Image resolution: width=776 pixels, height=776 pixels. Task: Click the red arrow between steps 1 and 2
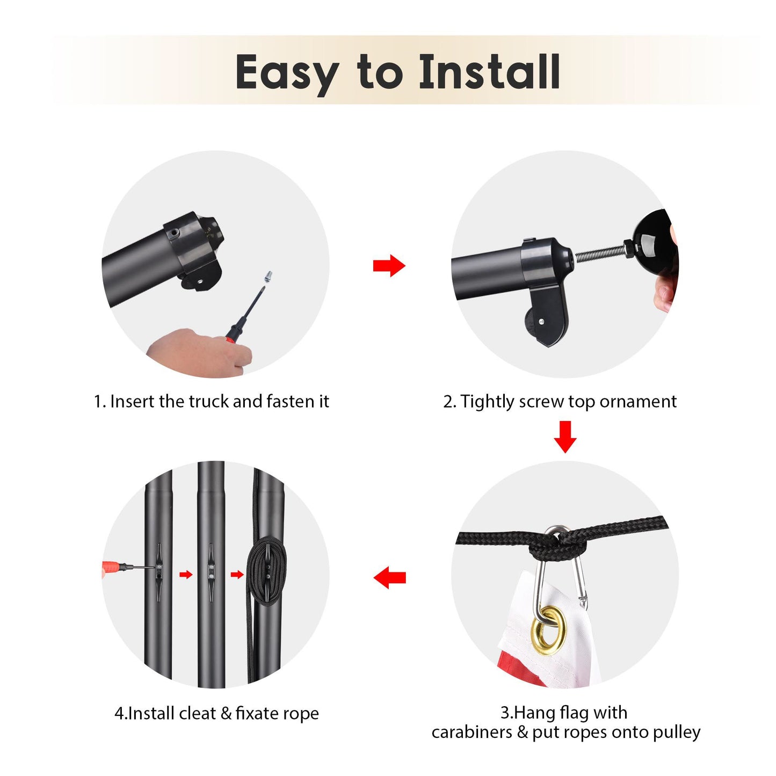click(389, 265)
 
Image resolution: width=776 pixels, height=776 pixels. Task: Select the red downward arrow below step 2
click(564, 437)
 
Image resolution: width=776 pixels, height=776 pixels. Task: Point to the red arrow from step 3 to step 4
click(389, 577)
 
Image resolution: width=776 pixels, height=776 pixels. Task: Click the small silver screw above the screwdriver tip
click(268, 277)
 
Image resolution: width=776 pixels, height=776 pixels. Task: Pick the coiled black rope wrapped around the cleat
click(266, 571)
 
